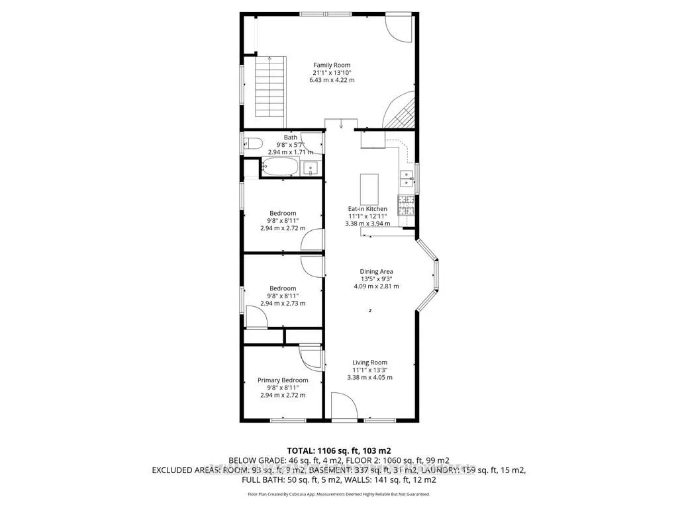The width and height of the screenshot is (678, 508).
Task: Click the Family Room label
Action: (x=332, y=65)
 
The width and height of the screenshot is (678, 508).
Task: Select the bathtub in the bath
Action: (x=281, y=167)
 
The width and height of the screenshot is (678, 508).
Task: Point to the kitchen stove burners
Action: (x=406, y=205)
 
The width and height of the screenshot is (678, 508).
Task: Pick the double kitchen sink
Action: (x=407, y=177)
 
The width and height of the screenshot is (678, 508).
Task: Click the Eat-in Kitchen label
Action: (x=367, y=209)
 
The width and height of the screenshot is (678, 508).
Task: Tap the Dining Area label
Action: (x=376, y=271)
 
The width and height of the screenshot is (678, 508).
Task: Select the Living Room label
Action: (x=369, y=362)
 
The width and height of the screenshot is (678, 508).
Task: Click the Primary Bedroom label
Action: (x=283, y=380)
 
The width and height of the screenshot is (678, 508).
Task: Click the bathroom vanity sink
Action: (x=311, y=168)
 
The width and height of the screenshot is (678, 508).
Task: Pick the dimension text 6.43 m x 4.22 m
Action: (x=332, y=80)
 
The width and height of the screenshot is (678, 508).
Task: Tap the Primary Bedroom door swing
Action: (x=309, y=358)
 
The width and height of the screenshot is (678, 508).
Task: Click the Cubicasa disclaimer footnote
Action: (x=338, y=494)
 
